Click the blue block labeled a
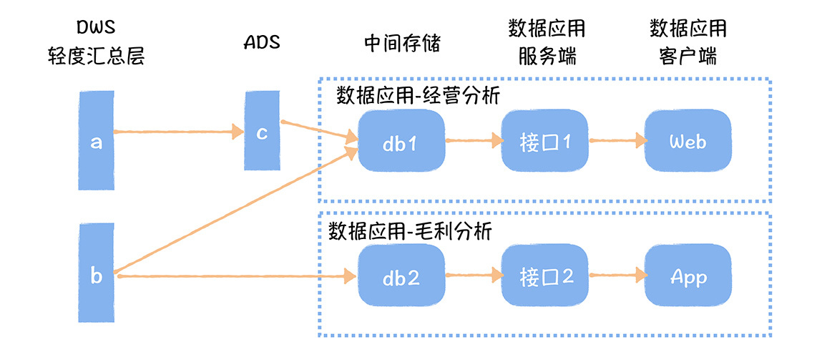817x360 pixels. tap(96, 142)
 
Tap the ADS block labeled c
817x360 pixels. tap(262, 132)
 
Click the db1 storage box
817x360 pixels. tap(401, 141)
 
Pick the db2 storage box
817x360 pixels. tap(401, 276)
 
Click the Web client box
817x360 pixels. tap(688, 141)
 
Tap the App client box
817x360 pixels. tap(688, 276)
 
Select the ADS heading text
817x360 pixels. tap(261, 42)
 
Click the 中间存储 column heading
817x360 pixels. tap(401, 43)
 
